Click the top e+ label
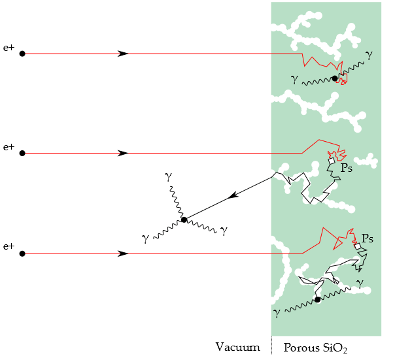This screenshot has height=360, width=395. (9, 48)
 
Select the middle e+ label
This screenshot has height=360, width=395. (9, 147)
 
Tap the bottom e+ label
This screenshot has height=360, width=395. (9, 246)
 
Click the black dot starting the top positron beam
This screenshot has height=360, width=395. (22, 54)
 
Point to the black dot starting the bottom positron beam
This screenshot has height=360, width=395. (22, 253)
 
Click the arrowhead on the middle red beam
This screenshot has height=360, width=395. (123, 153)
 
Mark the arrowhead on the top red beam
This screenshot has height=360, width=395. (123, 54)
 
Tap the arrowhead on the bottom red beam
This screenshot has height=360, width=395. (123, 253)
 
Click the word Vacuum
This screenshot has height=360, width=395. (237, 347)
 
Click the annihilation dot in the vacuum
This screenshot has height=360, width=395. (184, 220)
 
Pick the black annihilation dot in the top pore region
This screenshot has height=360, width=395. (335, 78)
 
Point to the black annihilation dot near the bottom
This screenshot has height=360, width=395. (317, 299)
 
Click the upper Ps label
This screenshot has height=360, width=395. (347, 168)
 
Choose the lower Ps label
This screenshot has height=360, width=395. (368, 238)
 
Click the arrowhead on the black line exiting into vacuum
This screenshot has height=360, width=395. (232, 195)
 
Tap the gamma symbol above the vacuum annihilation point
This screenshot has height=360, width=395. (169, 177)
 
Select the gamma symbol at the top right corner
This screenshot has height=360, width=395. (369, 55)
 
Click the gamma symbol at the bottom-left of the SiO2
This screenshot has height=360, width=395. (277, 313)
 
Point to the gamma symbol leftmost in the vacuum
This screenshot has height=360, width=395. (145, 238)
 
